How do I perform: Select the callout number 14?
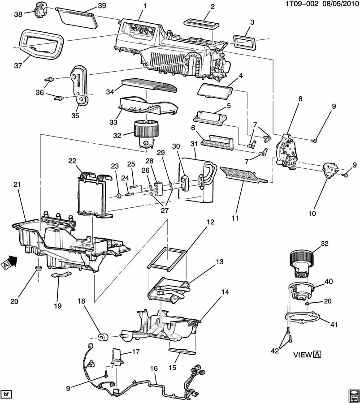(225, 292)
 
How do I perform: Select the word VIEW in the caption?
(303, 355)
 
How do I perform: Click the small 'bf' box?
(6, 394)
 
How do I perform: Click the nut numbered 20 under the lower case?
(39, 269)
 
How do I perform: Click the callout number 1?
(144, 6)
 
